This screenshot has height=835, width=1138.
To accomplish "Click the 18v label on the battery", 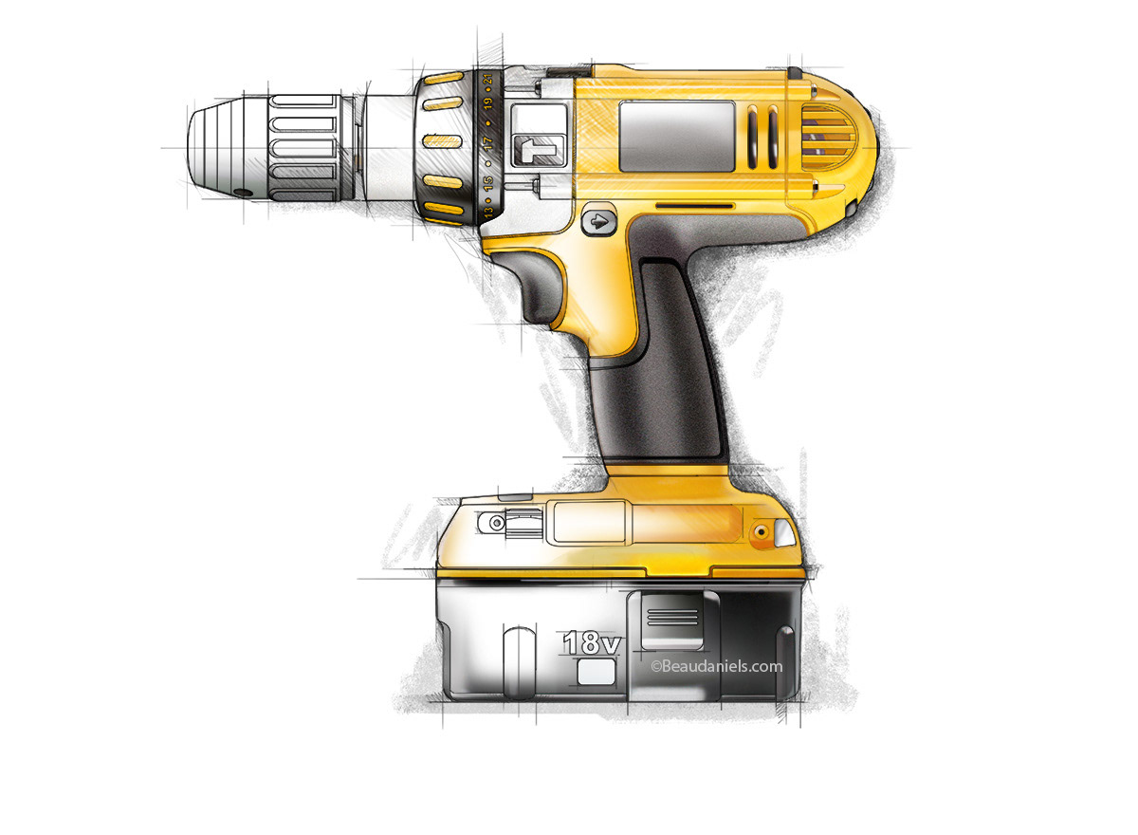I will pyautogui.click(x=591, y=641).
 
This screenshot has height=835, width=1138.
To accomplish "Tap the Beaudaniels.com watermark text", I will pyautogui.click(x=716, y=666).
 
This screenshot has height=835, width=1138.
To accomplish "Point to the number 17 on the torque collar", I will pyautogui.click(x=487, y=144).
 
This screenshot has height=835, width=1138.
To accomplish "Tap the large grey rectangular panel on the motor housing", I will pyautogui.click(x=676, y=137).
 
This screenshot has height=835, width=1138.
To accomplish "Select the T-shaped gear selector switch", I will pyautogui.click(x=537, y=151).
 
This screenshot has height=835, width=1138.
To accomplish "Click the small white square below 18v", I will pyautogui.click(x=595, y=673).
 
